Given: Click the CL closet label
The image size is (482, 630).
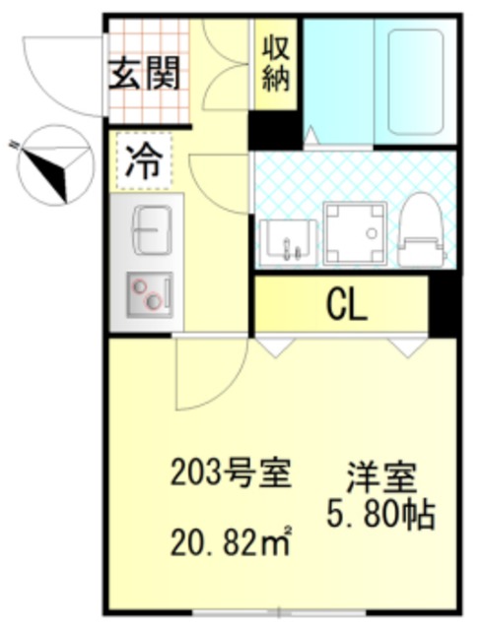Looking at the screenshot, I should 345,306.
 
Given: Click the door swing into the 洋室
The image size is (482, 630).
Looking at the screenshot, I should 207,374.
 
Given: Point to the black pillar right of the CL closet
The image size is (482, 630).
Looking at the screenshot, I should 444,306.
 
